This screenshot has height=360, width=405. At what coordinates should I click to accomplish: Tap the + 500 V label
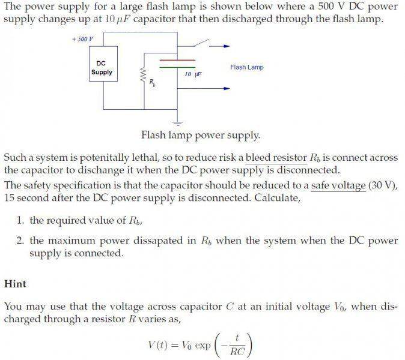point(83,39)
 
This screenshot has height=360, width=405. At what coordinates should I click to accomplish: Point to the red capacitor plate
point(177,61)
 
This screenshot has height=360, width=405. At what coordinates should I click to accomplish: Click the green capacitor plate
point(177,67)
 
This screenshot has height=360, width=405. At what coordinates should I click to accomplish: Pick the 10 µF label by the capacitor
point(193,74)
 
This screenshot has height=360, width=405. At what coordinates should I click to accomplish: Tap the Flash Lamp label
point(247,67)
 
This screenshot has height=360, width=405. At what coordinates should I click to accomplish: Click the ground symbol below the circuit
point(177,123)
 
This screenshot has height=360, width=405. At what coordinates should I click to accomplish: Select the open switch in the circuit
point(201,43)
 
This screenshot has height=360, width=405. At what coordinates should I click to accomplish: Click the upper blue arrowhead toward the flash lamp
point(227,46)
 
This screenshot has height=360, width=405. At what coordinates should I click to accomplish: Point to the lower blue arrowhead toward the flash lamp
point(227,88)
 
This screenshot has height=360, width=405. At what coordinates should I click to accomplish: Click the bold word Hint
point(15,284)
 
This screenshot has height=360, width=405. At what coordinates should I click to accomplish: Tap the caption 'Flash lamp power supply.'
point(201,135)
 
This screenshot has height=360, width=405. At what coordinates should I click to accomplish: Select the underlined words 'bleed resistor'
point(276,158)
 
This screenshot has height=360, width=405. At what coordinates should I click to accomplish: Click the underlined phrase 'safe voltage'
point(338,185)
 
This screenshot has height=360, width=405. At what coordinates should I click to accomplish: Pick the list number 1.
point(20,220)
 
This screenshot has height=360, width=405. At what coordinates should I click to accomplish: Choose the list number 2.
point(20,241)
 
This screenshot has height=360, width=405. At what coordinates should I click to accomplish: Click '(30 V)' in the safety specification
point(382,185)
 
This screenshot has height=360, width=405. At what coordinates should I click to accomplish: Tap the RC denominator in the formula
point(237,351)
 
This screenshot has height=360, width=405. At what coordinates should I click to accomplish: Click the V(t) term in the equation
point(157,345)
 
